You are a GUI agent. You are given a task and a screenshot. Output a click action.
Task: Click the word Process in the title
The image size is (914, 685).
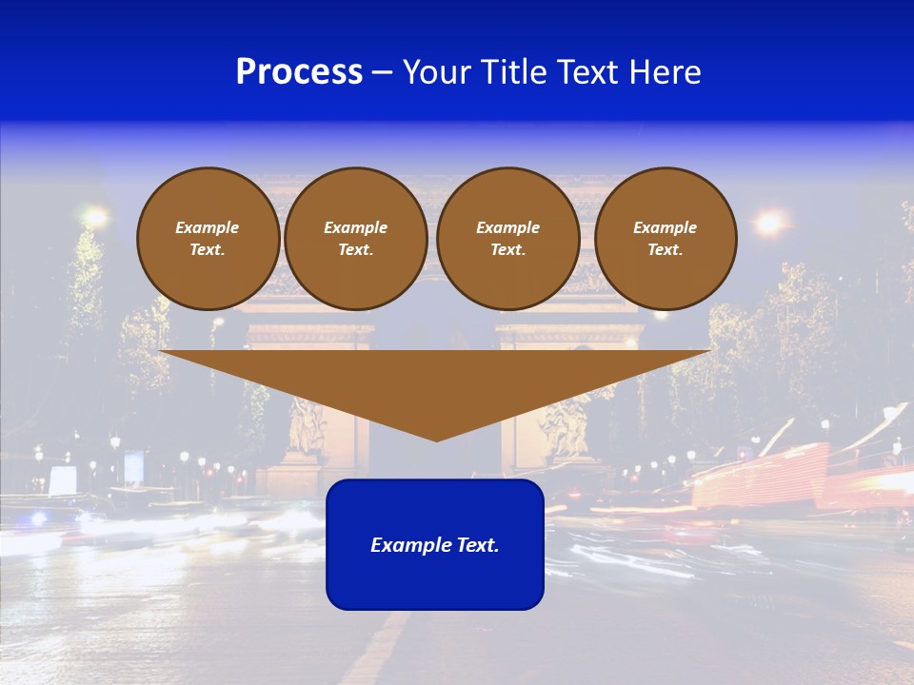(x=299, y=72)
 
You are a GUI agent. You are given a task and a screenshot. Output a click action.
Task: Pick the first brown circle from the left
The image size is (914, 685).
(x=208, y=239)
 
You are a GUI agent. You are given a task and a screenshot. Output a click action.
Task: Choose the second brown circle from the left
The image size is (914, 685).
(x=355, y=239)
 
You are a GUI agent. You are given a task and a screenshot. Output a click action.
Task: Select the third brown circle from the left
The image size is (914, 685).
(x=507, y=239)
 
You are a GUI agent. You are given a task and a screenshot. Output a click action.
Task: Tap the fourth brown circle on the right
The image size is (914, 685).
(x=666, y=239)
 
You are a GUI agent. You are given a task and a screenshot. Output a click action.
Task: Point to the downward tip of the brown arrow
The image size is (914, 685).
(x=436, y=438)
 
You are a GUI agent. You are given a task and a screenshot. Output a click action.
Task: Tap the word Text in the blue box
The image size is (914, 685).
(x=478, y=545)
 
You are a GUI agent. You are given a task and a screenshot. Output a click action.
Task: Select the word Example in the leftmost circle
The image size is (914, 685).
(x=208, y=227)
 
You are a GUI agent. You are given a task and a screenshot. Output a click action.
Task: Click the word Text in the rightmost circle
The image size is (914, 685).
(x=665, y=250)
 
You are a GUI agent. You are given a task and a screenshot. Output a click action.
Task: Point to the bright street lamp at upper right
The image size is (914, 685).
(x=768, y=223)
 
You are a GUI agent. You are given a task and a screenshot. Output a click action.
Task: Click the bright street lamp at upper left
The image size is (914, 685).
(x=95, y=217)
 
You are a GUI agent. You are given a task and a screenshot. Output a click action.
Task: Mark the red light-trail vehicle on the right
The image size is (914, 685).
(x=762, y=476)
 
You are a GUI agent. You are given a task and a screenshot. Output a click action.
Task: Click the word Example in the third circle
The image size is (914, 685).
(x=507, y=227)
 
